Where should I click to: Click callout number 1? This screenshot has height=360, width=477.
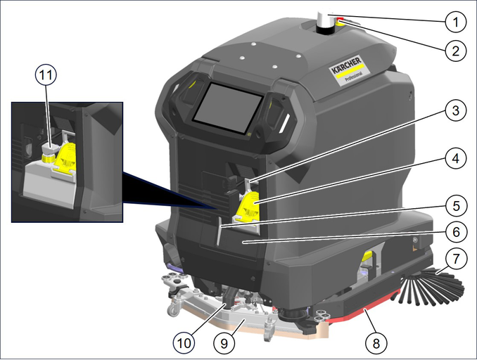[x=455, y=22]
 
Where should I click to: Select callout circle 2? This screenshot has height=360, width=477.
[x=455, y=51]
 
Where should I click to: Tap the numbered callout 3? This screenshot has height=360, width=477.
[x=455, y=110]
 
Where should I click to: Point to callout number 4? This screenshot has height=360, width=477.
[x=455, y=158]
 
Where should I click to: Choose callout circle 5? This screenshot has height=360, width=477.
[x=456, y=206]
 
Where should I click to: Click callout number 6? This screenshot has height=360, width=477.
[x=456, y=232]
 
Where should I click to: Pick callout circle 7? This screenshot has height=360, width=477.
[x=456, y=259]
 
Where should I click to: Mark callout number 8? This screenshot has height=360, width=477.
[x=376, y=343]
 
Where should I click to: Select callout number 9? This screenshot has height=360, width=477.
[x=224, y=343]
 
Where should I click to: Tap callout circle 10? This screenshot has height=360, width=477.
[x=184, y=343]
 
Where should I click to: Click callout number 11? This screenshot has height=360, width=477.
[x=46, y=75]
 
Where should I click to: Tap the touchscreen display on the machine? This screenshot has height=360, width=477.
[x=228, y=108]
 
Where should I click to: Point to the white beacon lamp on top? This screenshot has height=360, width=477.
[x=324, y=22]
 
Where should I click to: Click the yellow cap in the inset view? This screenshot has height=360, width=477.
[x=48, y=158]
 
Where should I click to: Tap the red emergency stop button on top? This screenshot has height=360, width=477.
[x=340, y=20]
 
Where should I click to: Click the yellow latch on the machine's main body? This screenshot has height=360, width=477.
[x=248, y=207]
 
